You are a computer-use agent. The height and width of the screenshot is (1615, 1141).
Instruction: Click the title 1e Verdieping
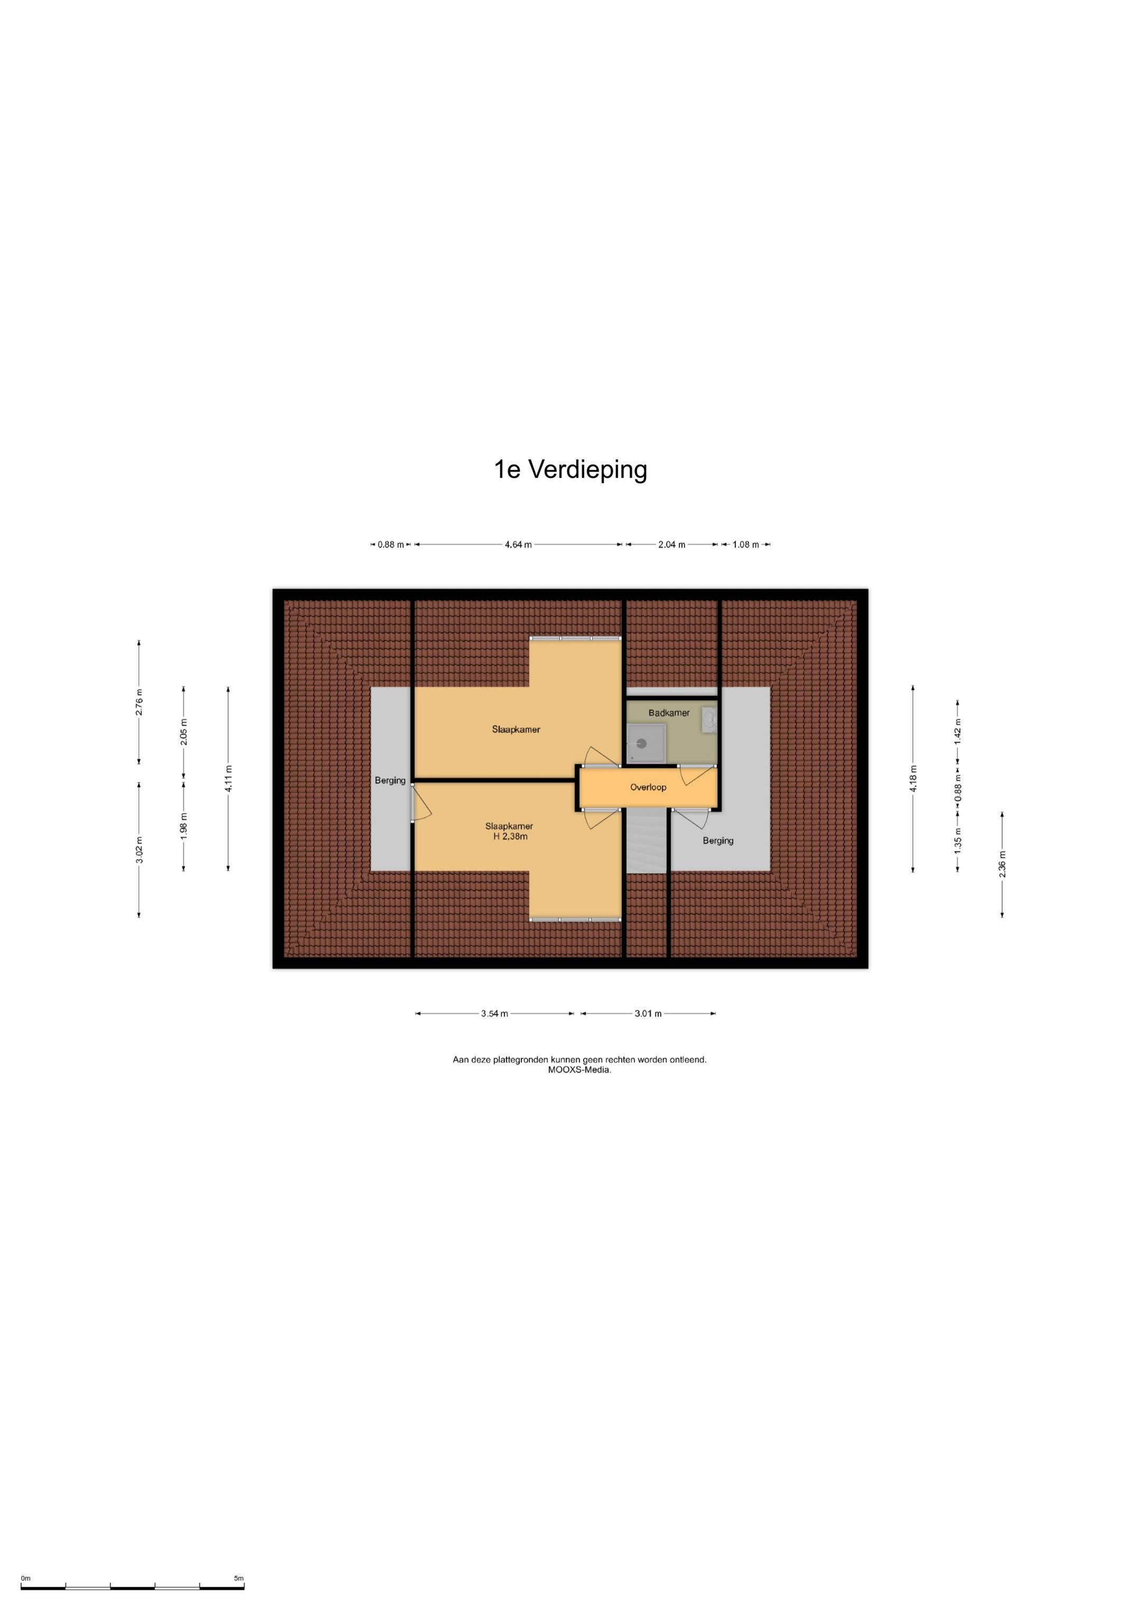[x=570, y=469]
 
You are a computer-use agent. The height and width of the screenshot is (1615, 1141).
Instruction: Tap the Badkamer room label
[x=669, y=713]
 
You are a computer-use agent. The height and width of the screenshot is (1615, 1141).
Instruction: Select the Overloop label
[x=648, y=787]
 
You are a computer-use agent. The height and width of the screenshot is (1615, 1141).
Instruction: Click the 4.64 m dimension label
[x=518, y=545]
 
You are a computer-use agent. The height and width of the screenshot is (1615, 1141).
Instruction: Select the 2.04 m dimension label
[x=671, y=545]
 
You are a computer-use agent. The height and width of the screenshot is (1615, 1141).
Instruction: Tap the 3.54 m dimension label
[x=494, y=1013]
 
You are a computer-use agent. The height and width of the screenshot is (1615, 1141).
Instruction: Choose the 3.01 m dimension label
[x=648, y=1013]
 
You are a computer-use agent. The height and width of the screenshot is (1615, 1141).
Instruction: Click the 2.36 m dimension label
[x=1002, y=864]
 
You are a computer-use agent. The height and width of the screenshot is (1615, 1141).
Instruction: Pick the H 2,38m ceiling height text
[x=510, y=837]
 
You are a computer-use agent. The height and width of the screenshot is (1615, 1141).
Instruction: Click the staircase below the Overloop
[x=646, y=841]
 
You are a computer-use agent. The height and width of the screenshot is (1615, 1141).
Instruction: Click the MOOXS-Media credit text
[x=579, y=1070]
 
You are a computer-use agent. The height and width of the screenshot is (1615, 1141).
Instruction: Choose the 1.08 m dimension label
[x=746, y=545]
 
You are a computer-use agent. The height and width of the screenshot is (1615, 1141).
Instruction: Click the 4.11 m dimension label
[x=228, y=779]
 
